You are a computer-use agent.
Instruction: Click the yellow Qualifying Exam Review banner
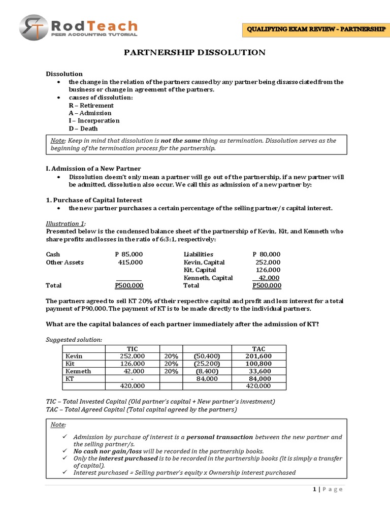(x=315, y=29)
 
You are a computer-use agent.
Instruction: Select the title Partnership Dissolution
(x=195, y=52)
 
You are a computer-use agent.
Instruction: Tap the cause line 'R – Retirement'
(x=91, y=105)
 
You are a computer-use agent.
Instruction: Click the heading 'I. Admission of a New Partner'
(x=93, y=168)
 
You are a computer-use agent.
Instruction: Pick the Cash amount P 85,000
(x=129, y=254)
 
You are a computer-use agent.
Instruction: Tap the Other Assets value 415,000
(x=130, y=262)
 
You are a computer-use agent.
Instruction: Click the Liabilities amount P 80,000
(x=266, y=254)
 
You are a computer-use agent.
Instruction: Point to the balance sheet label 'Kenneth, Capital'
(x=208, y=278)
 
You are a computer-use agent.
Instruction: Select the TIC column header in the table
(x=132, y=348)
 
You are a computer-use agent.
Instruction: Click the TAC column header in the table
(x=258, y=348)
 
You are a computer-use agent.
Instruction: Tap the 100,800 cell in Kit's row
(x=258, y=364)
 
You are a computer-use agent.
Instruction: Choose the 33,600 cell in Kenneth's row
(x=260, y=371)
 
